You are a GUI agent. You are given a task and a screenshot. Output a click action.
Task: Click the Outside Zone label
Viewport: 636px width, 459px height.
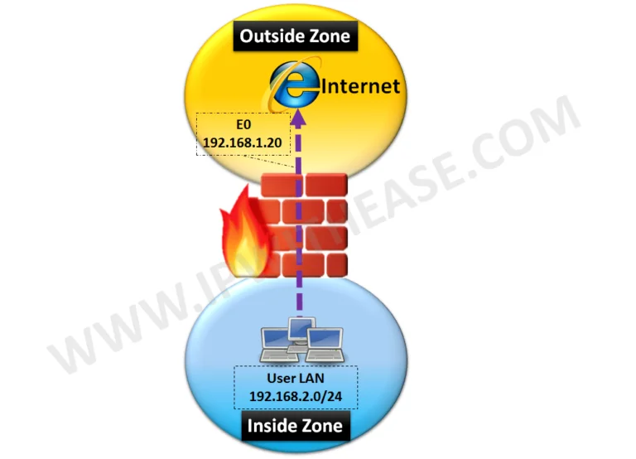pyautogui.click(x=296, y=36)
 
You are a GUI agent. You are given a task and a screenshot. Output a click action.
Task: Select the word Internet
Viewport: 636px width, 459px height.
pyautogui.click(x=359, y=86)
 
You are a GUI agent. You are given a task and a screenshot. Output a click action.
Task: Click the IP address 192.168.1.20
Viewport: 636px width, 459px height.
pyautogui.click(x=244, y=143)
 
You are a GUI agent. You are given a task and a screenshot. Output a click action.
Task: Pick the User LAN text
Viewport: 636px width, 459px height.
pyautogui.click(x=295, y=377)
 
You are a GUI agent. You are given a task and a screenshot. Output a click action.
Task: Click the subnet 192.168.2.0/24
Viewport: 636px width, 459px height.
pyautogui.click(x=295, y=394)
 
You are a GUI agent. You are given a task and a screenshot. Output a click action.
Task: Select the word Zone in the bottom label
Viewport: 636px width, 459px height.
pyautogui.click(x=325, y=428)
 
